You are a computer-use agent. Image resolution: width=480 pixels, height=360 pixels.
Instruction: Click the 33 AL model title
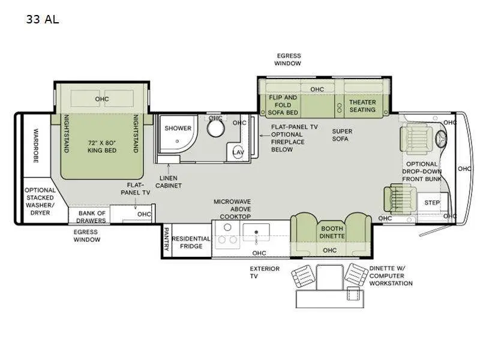(x=42, y=19)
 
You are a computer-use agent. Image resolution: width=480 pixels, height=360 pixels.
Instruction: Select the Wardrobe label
(x=35, y=145)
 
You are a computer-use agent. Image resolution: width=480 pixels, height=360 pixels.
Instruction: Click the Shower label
(x=178, y=128)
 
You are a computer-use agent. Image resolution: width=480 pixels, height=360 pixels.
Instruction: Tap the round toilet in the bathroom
(x=215, y=129)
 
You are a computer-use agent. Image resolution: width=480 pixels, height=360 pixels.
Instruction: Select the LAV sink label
(x=238, y=152)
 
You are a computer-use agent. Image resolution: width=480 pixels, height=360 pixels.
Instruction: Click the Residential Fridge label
(x=191, y=242)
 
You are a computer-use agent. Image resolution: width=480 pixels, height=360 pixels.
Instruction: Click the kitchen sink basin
(x=258, y=230)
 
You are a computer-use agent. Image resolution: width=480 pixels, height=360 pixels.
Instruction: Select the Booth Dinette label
(x=332, y=232)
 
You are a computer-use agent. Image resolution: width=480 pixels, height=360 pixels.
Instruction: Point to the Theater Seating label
(x=362, y=106)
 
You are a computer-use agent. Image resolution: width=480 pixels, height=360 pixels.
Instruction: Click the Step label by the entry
(x=432, y=203)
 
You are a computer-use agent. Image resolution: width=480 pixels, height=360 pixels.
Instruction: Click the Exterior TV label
(x=265, y=273)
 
